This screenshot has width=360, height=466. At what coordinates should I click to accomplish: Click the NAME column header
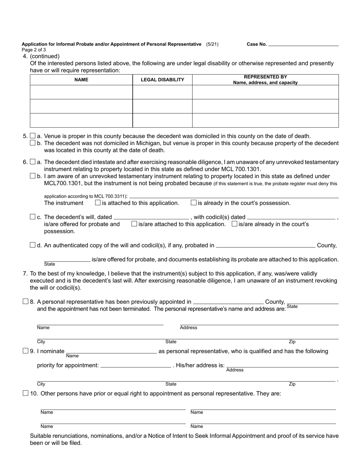(x=81, y=80)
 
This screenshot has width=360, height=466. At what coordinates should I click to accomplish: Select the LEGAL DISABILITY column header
(x=162, y=80)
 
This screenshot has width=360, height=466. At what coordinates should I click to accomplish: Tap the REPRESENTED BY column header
(x=265, y=80)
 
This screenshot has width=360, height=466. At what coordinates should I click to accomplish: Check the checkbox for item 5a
(x=33, y=136)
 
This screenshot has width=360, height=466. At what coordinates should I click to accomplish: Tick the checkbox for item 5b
(x=33, y=143)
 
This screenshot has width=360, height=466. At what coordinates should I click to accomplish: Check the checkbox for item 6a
(x=33, y=162)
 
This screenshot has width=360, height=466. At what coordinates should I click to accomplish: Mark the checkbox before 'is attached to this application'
(x=98, y=203)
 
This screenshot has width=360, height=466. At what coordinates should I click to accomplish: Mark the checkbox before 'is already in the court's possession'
(x=194, y=203)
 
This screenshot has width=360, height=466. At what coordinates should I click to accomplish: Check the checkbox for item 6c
(x=33, y=217)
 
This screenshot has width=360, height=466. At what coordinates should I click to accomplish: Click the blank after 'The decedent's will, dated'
(x=151, y=217)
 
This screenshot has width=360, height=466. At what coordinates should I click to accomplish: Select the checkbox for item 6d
(x=33, y=245)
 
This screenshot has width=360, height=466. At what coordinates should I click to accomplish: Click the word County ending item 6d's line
(x=327, y=246)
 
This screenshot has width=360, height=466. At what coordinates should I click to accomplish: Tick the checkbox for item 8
(x=25, y=302)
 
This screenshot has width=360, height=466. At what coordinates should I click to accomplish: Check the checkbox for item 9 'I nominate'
(x=25, y=351)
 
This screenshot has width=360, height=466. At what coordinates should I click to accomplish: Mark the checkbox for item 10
(x=25, y=393)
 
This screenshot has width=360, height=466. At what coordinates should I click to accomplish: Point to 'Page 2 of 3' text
(x=34, y=50)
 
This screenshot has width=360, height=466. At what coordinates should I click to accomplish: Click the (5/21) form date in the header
(x=212, y=44)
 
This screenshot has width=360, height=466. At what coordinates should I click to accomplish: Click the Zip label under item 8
(x=292, y=342)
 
